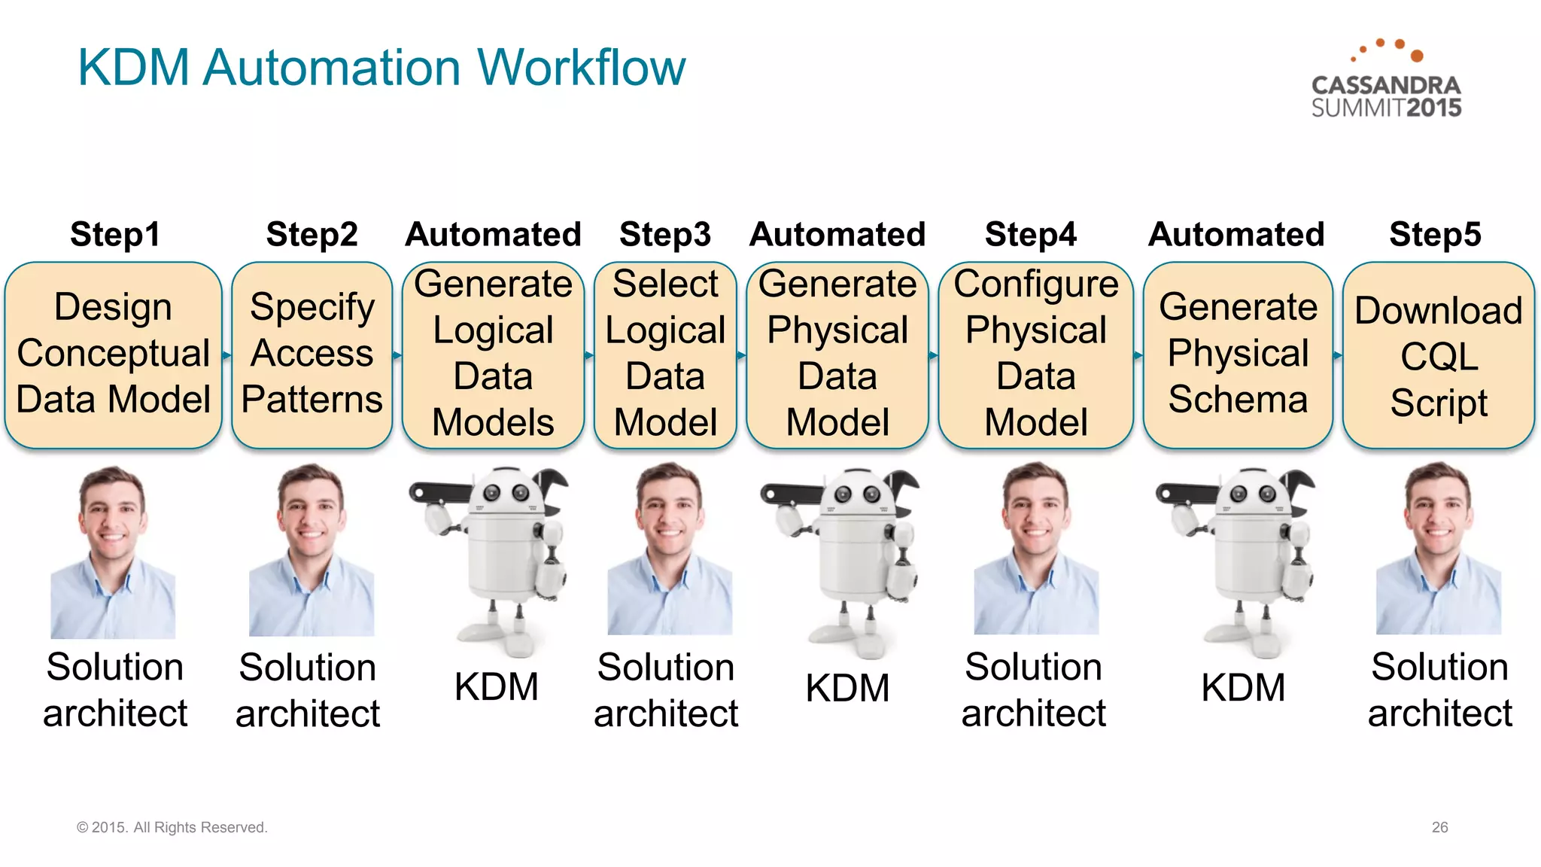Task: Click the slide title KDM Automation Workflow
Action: pos(381,68)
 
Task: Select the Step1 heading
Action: pos(114,234)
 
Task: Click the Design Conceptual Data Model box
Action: pos(113,354)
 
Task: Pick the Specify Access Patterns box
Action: pos(312,354)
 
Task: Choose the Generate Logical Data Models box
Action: pos(493,354)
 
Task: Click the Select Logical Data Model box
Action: pos(665,354)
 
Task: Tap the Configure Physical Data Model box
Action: pos(1035,354)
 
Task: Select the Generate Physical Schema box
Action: pos(1238,354)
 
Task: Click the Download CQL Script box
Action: pos(1438,354)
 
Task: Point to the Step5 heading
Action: pos(1434,234)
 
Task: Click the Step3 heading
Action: pos(664,234)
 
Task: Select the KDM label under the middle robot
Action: pos(847,688)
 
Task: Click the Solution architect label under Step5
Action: pos(1439,689)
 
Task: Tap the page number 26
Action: pos(1439,827)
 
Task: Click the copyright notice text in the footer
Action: pos(172,827)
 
